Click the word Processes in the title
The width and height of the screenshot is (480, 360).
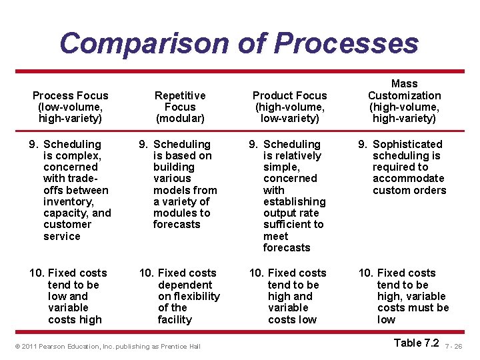[346, 43]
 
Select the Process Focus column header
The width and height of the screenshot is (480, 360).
[70, 107]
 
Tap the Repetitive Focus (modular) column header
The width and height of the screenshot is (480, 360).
[180, 107]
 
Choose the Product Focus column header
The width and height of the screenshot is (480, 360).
[290, 107]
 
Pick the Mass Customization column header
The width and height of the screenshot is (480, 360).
[404, 101]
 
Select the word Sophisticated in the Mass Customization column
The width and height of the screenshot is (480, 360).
[407, 144]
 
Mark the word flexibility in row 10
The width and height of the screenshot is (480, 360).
[189, 296]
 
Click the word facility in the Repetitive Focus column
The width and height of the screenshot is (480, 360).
[175, 319]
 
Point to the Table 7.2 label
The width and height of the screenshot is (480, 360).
[417, 343]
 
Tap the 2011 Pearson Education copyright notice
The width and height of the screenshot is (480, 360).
[107, 347]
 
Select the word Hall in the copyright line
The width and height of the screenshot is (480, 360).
[194, 347]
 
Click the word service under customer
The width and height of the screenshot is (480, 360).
[62, 236]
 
